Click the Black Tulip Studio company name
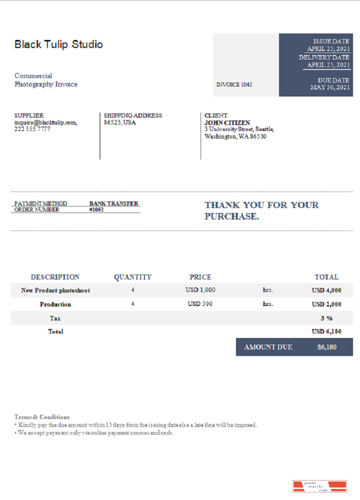[58, 44]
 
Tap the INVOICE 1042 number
[234, 84]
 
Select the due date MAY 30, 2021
[330, 87]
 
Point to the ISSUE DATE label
[331, 41]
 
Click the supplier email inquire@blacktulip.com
[45, 122]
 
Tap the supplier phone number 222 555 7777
[32, 129]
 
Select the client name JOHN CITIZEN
[227, 122]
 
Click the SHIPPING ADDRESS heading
[132, 115]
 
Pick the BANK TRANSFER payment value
[113, 203]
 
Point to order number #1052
[96, 210]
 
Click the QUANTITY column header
[132, 277]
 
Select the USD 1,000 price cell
[200, 290]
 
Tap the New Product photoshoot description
[55, 290]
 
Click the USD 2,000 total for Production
[326, 304]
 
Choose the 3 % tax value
[326, 318]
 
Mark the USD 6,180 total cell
[326, 331]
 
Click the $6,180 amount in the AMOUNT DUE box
[327, 347]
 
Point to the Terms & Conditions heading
[42, 416]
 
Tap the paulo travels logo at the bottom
[319, 486]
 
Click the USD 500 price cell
[200, 304]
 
